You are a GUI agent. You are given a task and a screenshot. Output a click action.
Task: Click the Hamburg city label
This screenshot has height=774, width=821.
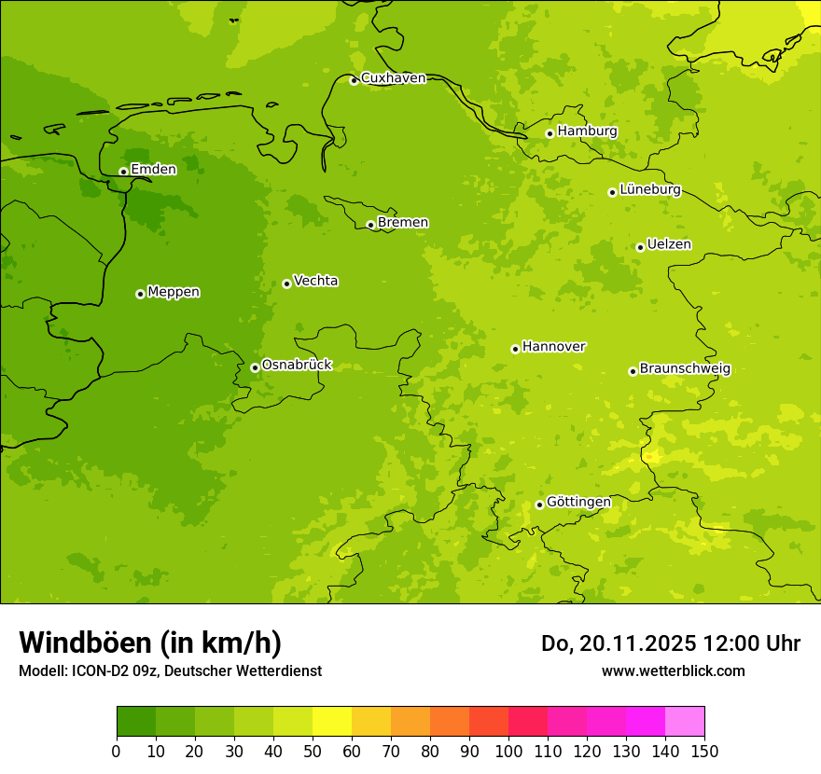(587, 131)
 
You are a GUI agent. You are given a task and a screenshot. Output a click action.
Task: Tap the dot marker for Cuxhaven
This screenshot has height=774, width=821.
(354, 80)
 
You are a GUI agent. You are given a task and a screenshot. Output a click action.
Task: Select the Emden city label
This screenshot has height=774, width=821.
(153, 170)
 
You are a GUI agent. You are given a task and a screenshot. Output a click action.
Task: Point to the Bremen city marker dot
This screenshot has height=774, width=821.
(370, 225)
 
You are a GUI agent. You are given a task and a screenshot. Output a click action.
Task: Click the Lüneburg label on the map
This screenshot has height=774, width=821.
(649, 189)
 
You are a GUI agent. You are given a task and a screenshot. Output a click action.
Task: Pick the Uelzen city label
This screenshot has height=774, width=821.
(669, 244)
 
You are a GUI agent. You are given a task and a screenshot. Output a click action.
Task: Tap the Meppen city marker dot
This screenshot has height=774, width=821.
(140, 294)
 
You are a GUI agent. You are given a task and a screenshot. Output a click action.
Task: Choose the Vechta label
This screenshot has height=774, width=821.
(315, 281)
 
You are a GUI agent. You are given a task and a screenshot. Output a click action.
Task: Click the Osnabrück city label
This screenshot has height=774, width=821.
(297, 365)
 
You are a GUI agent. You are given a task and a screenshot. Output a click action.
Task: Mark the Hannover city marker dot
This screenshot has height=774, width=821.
(515, 349)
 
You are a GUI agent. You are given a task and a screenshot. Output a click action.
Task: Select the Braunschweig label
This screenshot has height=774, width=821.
(685, 368)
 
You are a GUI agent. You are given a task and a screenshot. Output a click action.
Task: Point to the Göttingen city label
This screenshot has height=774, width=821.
(578, 502)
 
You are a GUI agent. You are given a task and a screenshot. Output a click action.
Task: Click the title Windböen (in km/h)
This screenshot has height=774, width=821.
(150, 643)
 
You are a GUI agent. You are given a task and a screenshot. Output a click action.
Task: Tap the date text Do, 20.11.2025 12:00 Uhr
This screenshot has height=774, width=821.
(671, 643)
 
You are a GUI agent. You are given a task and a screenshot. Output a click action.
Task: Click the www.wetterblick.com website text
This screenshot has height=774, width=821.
(673, 670)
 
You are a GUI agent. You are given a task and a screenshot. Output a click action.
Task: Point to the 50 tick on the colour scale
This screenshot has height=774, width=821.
(313, 751)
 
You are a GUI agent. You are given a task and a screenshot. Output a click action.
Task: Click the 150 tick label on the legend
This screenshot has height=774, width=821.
(704, 751)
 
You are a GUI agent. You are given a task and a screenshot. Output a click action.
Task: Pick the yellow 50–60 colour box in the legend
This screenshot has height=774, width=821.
(332, 722)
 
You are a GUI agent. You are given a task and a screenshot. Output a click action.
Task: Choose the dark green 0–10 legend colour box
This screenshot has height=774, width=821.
(136, 722)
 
